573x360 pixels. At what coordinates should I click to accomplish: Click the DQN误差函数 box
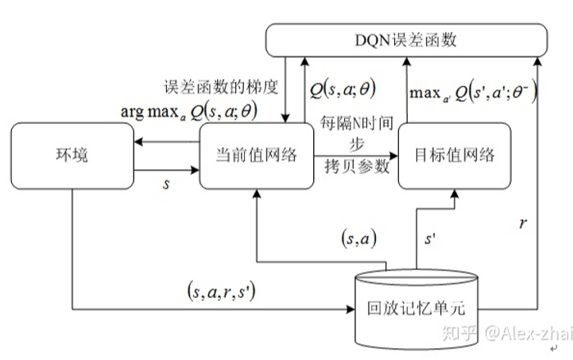[x=405, y=40]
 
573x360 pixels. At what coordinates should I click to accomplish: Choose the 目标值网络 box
[x=453, y=156]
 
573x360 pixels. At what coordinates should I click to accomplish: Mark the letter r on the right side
[x=523, y=224]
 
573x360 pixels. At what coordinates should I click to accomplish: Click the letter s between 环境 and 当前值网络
[x=166, y=183]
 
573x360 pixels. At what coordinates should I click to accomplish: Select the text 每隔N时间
[x=352, y=126]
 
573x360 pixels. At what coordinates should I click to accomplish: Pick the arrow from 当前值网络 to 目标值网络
[x=354, y=154]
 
